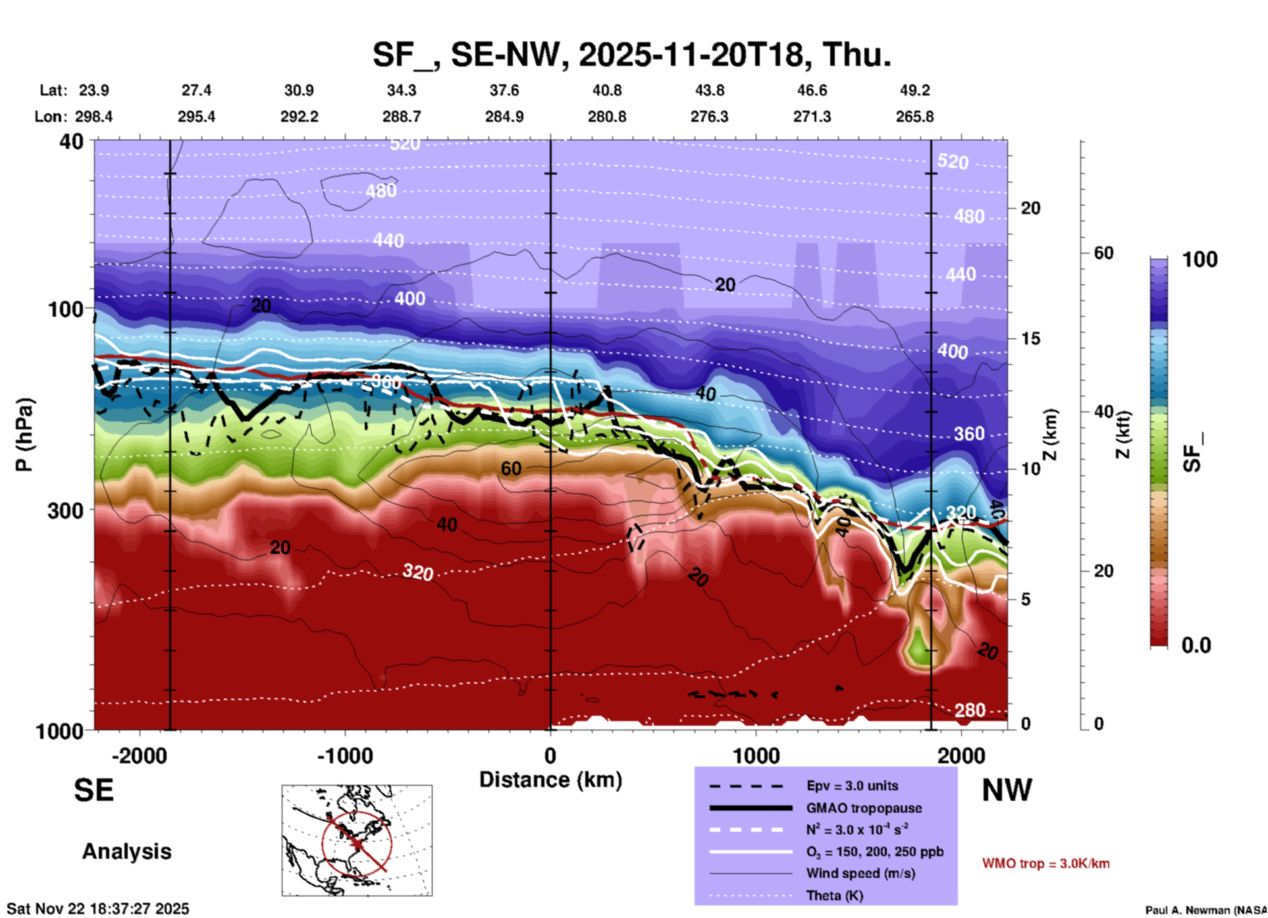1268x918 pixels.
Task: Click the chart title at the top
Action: [632, 55]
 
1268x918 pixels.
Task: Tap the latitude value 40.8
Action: [606, 90]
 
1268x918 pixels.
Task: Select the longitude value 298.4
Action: [93, 117]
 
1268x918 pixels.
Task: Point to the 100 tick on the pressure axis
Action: [66, 309]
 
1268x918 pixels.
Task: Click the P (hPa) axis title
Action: [24, 435]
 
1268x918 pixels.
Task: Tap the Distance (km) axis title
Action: [550, 780]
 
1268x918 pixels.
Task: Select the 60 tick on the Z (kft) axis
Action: [1103, 253]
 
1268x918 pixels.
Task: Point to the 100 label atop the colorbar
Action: [1200, 259]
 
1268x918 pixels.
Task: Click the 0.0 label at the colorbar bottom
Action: [1196, 645]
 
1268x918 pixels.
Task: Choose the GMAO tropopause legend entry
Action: [864, 808]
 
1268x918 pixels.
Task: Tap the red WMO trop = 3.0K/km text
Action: [1045, 863]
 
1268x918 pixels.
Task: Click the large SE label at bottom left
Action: [93, 790]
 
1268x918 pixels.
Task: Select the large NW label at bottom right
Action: [1007, 790]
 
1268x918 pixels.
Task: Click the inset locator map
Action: [357, 840]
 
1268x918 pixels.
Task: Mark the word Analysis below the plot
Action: [126, 851]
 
